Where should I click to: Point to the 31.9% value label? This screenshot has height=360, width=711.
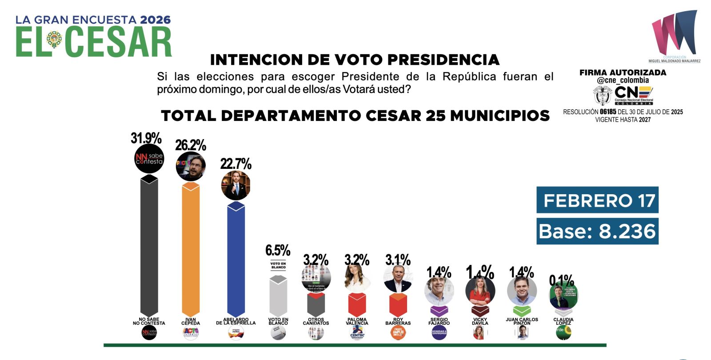(146, 138)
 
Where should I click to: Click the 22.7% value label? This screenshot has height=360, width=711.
(236, 164)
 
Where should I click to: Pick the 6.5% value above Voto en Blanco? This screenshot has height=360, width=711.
(278, 250)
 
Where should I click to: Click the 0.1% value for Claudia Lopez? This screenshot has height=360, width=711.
(562, 280)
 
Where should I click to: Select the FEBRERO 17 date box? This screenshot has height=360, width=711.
(597, 200)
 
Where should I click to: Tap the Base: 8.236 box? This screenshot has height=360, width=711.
(597, 232)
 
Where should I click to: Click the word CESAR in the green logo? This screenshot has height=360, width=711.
(119, 42)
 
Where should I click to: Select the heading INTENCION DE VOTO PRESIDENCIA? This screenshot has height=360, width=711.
(355, 60)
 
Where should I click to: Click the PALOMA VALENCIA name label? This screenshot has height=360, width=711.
(357, 321)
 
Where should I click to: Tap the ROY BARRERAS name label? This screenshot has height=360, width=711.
(398, 321)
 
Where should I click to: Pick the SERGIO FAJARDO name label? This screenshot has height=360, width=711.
(439, 321)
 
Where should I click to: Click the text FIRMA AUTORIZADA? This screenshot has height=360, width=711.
(623, 72)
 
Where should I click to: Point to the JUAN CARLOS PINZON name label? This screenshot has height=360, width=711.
(522, 321)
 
